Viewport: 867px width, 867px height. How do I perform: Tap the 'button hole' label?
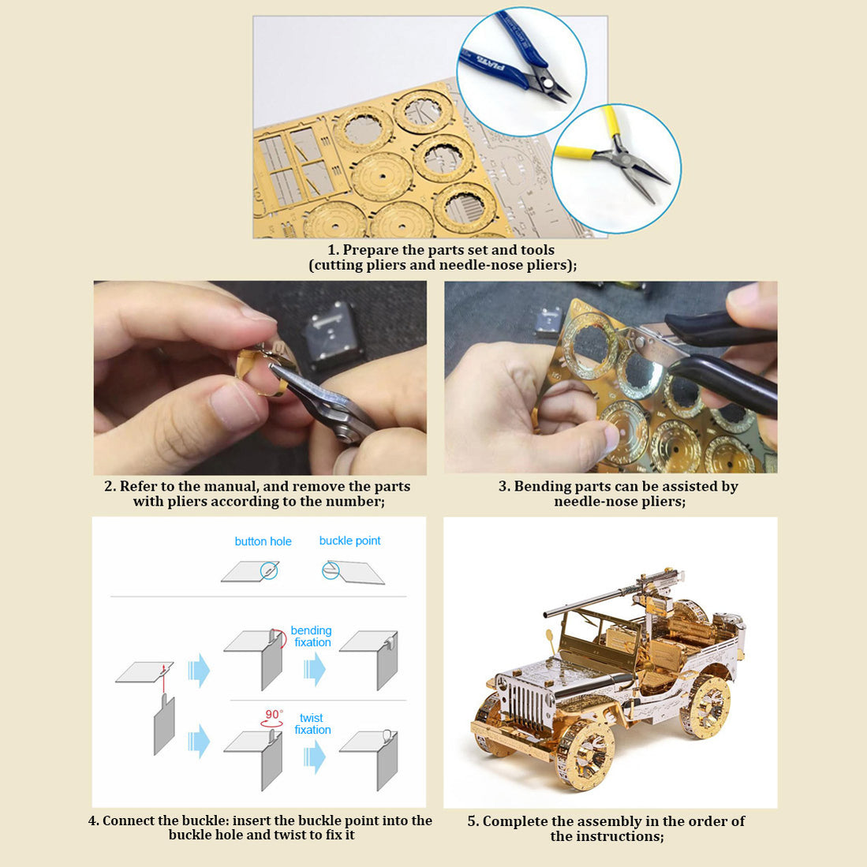[x=263, y=541]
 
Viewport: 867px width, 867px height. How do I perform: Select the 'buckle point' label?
[x=349, y=540]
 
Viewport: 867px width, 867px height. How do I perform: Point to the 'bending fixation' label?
[x=312, y=637]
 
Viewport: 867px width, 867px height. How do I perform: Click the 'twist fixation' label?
[x=312, y=723]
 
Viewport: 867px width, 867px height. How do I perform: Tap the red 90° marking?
[x=272, y=715]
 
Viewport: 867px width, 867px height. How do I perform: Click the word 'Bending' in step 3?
[x=542, y=486]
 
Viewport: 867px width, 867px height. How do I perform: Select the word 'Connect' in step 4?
[x=132, y=820]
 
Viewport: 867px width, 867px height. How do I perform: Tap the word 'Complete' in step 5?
[x=515, y=821]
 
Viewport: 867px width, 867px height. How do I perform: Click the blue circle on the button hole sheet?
[x=269, y=570]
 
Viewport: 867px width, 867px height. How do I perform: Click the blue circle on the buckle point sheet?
[x=331, y=570]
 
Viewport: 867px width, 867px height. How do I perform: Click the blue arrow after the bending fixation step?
[x=316, y=669]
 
